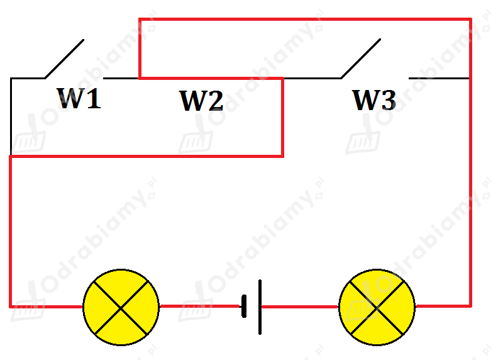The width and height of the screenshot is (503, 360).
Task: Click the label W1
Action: point(79,98)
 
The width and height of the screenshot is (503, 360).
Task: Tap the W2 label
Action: point(201,101)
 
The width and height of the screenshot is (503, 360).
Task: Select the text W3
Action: point(374,100)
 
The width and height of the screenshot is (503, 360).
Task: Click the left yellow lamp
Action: point(121,307)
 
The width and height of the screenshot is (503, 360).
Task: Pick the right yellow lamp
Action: point(377,307)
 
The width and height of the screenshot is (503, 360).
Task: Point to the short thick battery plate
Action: point(244,306)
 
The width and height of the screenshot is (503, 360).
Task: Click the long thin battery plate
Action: point(260,307)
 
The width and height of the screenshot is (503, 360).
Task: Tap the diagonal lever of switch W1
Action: point(65,59)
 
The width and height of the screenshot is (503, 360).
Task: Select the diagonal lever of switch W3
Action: point(361,59)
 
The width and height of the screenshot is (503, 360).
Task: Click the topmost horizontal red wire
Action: point(305,20)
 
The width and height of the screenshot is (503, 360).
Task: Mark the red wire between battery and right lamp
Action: point(300,307)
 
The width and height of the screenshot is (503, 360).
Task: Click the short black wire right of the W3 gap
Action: point(439,78)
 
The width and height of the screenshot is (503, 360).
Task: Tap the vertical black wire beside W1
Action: point(11,116)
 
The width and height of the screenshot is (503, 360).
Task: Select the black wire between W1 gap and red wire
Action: point(121,78)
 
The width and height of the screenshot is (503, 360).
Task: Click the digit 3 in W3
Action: point(389,100)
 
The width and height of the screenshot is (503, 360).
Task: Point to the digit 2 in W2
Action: point(215,101)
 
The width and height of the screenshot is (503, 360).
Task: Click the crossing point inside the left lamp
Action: point(121,308)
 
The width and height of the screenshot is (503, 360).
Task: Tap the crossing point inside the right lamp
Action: point(377,308)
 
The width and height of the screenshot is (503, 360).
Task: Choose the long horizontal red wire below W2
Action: point(146,156)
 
